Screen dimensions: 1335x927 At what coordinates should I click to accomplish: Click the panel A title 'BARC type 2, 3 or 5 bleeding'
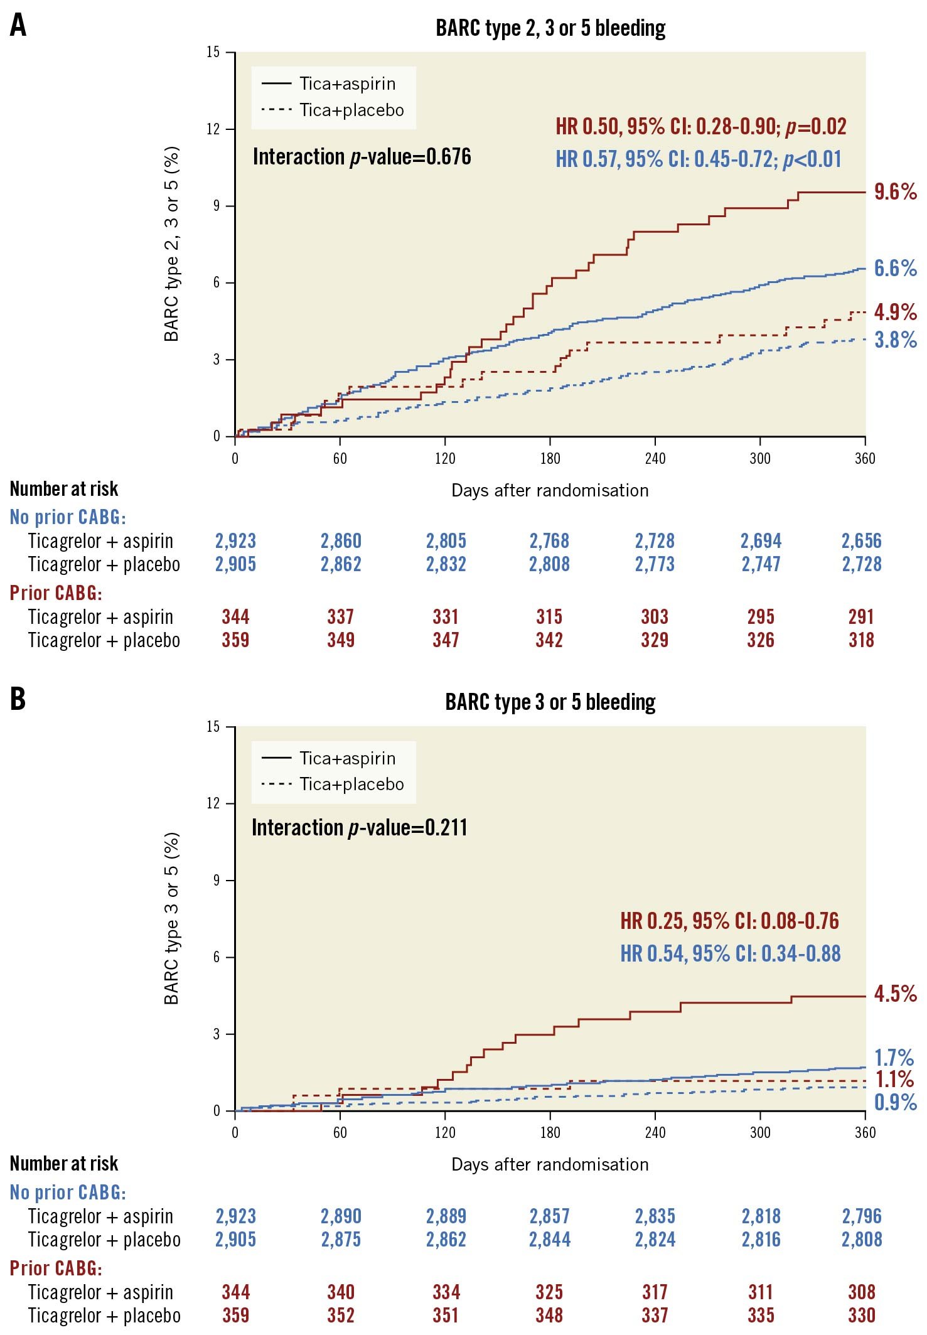click(x=550, y=28)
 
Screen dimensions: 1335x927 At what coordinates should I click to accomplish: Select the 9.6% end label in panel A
click(x=895, y=192)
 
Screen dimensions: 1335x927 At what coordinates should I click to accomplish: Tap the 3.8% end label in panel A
click(x=895, y=340)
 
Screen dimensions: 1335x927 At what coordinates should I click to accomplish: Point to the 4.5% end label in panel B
click(x=895, y=994)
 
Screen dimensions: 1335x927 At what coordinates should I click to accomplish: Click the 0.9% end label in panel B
click(x=895, y=1102)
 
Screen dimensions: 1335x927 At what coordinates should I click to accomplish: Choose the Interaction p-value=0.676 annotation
click(x=362, y=157)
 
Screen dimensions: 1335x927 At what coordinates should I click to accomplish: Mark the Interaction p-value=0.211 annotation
click(x=359, y=828)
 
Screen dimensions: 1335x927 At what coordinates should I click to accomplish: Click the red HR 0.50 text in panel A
click(x=700, y=127)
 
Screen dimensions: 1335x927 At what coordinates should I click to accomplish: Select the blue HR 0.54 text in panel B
click(x=730, y=954)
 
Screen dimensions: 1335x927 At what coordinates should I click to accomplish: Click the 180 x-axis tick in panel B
click(x=550, y=1132)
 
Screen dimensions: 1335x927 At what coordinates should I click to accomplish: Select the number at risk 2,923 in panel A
click(x=235, y=541)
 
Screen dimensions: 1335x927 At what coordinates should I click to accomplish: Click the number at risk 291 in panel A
click(x=861, y=617)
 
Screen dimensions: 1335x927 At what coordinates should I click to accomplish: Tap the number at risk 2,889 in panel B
click(x=446, y=1216)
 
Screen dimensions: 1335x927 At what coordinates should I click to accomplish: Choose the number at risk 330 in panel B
click(x=861, y=1316)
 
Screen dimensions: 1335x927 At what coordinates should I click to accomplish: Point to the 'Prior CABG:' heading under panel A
click(x=55, y=593)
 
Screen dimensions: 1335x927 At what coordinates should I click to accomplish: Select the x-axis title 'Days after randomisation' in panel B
click(x=550, y=1164)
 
